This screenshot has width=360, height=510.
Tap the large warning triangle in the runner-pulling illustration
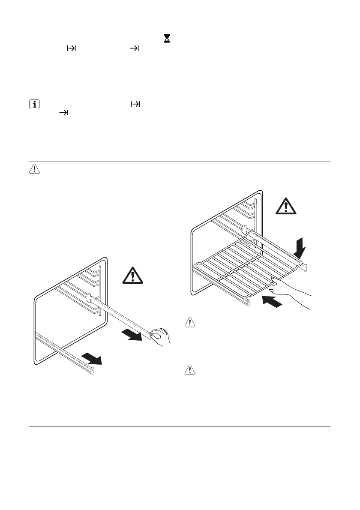pyautogui.click(x=133, y=275)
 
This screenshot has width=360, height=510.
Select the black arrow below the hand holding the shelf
pyautogui.click(x=272, y=301)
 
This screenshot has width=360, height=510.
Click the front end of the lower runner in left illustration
pyautogui.click(x=91, y=369)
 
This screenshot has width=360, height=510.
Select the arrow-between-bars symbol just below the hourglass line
pyautogui.click(x=70, y=49)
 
